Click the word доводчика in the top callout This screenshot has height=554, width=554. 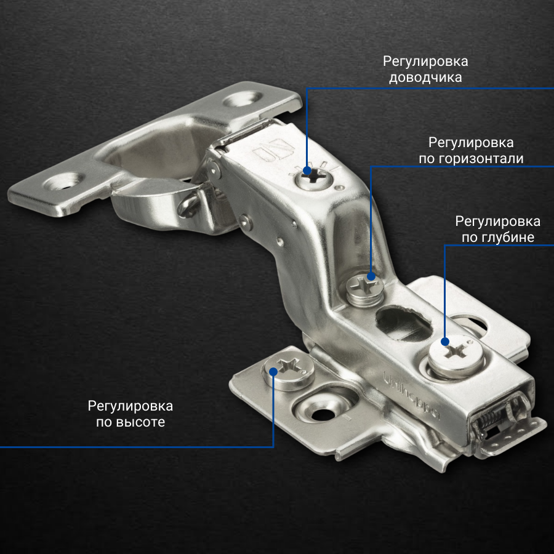click(425, 78)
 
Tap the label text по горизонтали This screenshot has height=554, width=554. click(471, 159)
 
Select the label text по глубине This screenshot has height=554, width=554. click(498, 238)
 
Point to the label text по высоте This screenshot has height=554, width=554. click(130, 422)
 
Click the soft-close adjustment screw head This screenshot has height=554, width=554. click(314, 179)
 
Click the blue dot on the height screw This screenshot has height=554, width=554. click(273, 371)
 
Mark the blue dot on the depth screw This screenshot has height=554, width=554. click(445, 341)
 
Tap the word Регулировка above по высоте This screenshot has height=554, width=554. click(130, 407)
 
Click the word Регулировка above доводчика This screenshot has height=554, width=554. click(425, 62)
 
